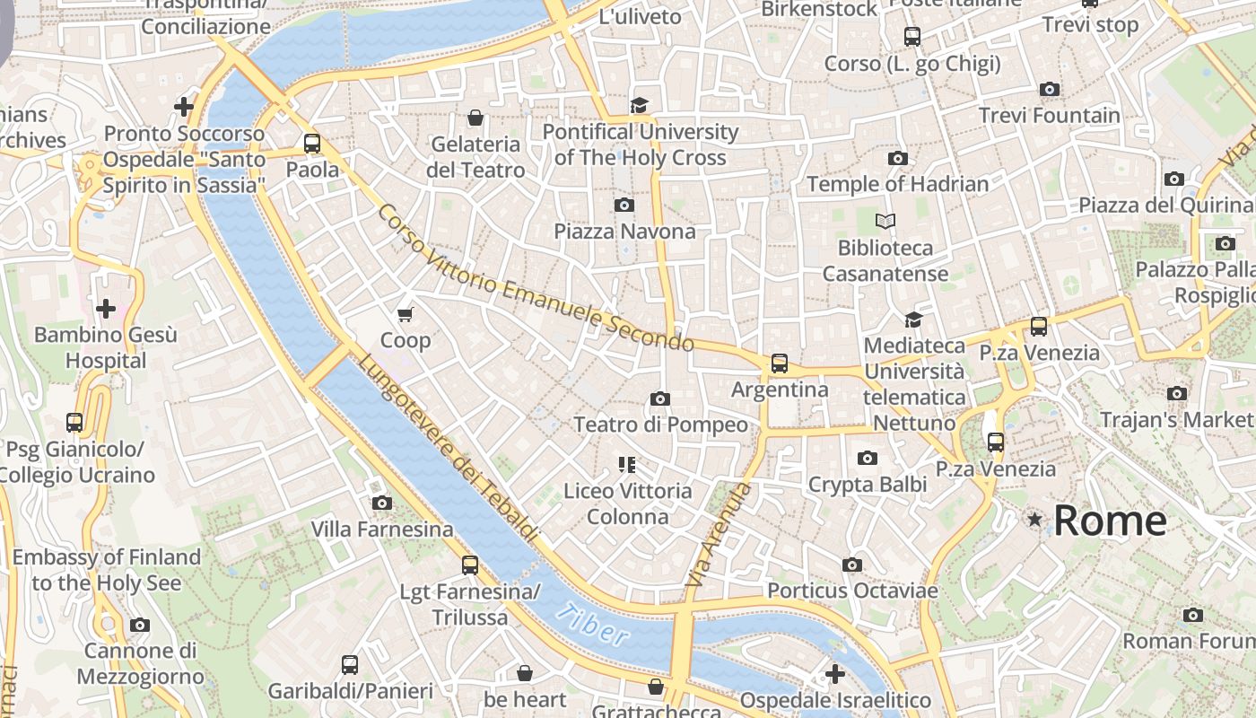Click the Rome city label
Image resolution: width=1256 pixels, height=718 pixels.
point(1110,521)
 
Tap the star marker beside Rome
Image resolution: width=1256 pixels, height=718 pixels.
point(1035,520)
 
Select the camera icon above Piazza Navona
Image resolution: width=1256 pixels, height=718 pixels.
point(624,206)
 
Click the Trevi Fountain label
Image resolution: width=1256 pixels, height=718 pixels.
point(1049,116)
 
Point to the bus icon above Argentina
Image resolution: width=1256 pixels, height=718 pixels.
point(779,363)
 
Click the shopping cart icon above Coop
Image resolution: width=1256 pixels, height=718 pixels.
point(406,314)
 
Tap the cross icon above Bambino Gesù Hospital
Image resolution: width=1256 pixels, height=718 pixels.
point(106,309)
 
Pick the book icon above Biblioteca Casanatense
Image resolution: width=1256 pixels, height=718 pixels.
point(885,221)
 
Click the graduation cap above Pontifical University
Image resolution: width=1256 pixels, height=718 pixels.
point(639,106)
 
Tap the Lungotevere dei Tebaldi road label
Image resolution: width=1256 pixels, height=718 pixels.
point(449,448)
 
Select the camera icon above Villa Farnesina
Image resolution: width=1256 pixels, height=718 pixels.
point(382,503)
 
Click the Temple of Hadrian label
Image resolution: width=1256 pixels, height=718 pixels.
point(897,184)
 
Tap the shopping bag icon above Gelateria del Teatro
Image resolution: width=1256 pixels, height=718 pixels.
point(475,118)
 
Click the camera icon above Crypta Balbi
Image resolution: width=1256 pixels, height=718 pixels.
point(867,459)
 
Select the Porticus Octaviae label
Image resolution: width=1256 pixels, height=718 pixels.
point(852,591)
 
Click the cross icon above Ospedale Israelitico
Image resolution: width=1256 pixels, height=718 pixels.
point(835,673)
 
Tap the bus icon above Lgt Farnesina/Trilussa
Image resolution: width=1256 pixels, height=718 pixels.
point(470,565)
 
